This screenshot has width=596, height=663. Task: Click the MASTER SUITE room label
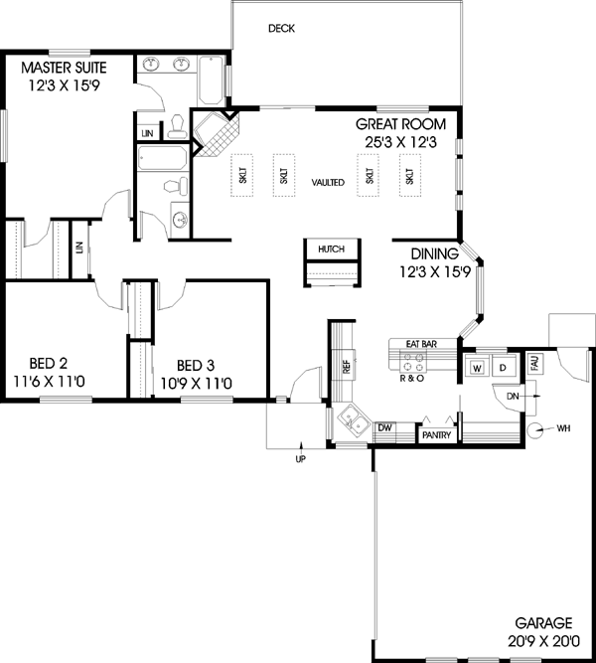click(67, 69)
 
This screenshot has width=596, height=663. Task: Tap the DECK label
click(281, 28)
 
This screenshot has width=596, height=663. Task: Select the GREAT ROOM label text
click(407, 125)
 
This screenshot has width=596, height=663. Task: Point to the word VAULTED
click(327, 183)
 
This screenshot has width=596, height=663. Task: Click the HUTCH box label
click(332, 249)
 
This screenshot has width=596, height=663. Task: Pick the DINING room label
click(433, 254)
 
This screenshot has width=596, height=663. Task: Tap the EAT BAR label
click(421, 344)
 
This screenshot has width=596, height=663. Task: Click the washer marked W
click(478, 369)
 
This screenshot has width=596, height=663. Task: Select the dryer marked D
click(504, 369)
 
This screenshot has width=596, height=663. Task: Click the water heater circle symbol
click(535, 429)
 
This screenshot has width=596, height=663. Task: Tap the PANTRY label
click(437, 434)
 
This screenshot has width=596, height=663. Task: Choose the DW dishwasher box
click(384, 427)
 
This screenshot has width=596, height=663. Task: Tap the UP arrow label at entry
click(300, 459)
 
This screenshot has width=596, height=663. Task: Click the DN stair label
click(513, 395)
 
